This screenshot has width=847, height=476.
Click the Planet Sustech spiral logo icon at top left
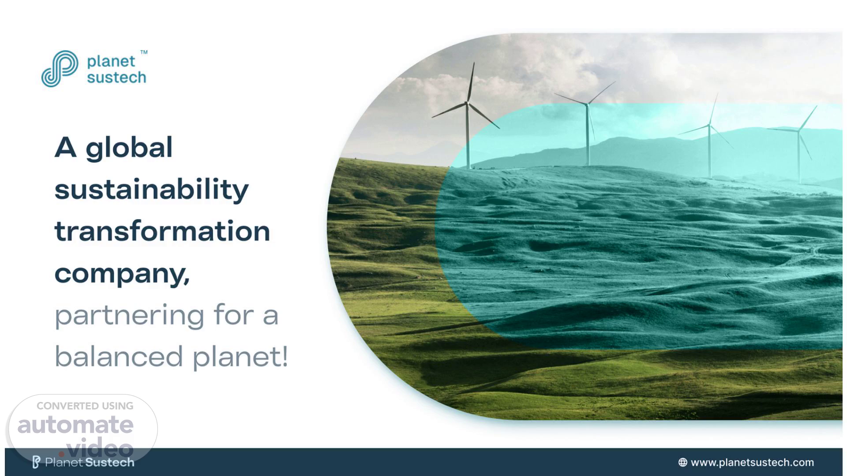click(x=60, y=69)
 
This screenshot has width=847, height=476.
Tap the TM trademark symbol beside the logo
click(x=144, y=52)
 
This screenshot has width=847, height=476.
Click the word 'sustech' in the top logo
click(x=116, y=78)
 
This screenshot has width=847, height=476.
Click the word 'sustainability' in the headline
click(x=151, y=190)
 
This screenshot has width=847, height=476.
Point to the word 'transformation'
click(x=162, y=231)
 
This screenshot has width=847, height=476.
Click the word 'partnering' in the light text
click(x=130, y=316)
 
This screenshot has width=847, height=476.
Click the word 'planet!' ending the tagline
click(x=240, y=357)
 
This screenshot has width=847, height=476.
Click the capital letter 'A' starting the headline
click(x=65, y=147)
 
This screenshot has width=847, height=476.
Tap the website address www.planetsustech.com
click(x=752, y=462)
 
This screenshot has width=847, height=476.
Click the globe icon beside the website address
click(x=682, y=462)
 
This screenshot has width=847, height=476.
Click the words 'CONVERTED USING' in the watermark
click(x=85, y=406)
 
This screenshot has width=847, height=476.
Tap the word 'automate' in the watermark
click(x=75, y=424)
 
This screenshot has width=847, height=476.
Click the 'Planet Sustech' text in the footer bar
click(x=90, y=462)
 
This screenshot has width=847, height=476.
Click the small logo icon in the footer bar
click(x=36, y=462)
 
